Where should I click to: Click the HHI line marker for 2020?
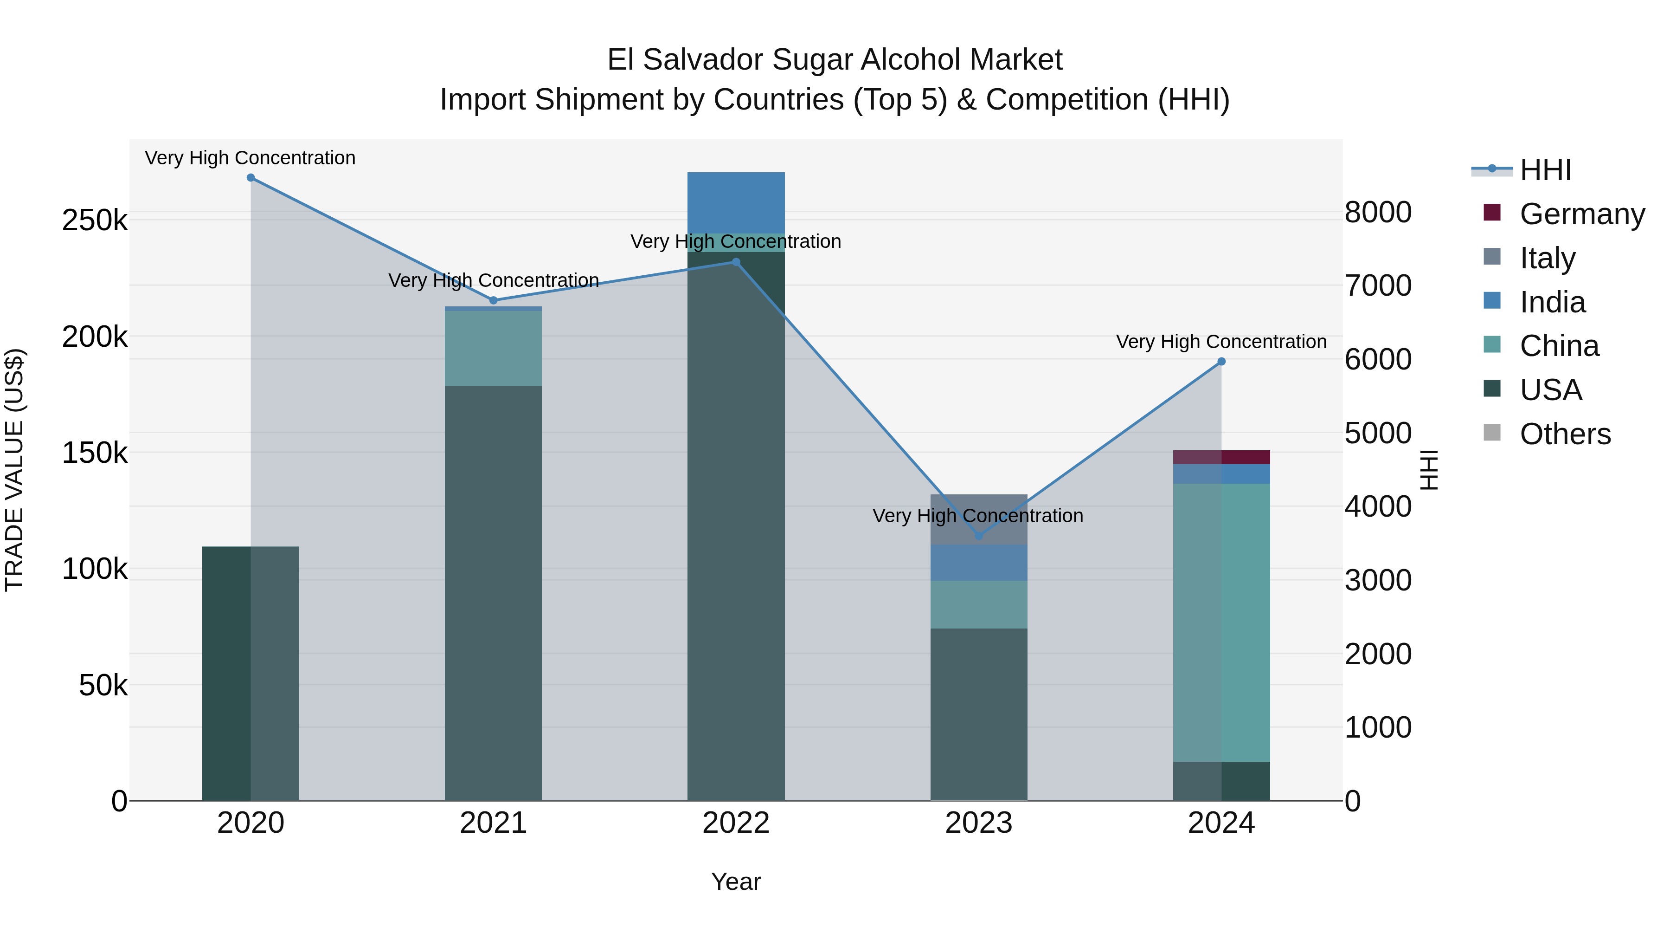click(251, 178)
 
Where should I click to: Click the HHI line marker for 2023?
click(979, 536)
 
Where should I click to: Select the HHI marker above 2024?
click(1221, 361)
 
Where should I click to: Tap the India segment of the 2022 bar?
click(736, 202)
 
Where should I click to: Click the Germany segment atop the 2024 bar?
click(1221, 457)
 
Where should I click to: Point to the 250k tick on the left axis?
click(95, 220)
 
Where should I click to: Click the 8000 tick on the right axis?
click(1378, 212)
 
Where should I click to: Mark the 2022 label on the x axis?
click(736, 823)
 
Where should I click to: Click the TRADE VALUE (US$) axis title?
click(14, 470)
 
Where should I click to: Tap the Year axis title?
click(736, 882)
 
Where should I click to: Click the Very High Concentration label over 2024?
click(1221, 341)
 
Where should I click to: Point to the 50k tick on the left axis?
click(103, 685)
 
